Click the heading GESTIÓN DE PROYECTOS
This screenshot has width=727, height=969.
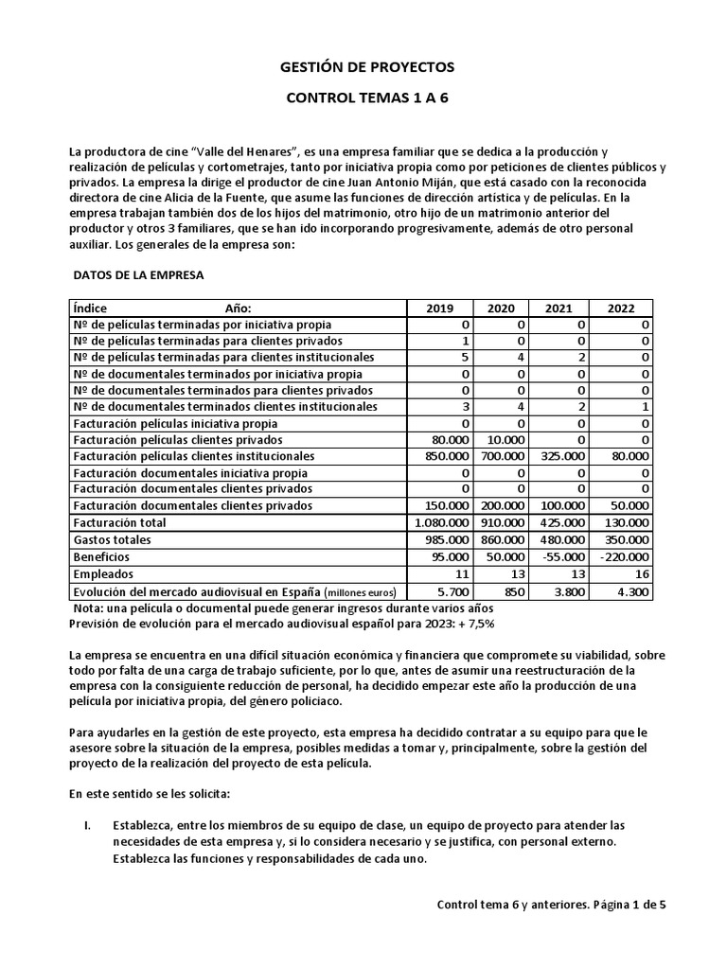[x=367, y=67]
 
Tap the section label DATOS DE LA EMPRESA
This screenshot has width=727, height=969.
[x=138, y=274]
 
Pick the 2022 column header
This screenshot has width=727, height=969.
[x=622, y=308]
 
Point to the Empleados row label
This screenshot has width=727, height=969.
[x=103, y=573]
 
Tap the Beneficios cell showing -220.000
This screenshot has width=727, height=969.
[x=623, y=556]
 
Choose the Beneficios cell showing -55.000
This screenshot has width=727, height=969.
[x=564, y=556]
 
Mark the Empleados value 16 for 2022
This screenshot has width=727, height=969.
[x=641, y=573]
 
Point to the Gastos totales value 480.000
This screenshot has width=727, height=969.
[x=562, y=539]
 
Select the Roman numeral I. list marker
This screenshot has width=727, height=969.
[x=87, y=825]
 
